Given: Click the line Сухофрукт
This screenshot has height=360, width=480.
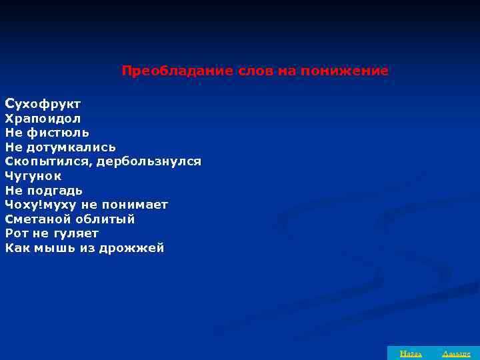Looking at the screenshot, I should point(43,104).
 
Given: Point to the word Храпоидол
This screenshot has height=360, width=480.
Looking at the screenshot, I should point(43,119).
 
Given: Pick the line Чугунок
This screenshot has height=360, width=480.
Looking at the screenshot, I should point(33,176).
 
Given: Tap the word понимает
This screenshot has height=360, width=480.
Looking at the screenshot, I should point(136,205).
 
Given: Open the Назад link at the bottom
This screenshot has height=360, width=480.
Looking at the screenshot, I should point(405,353).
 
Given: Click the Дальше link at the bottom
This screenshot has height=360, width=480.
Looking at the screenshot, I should point(456,353).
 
